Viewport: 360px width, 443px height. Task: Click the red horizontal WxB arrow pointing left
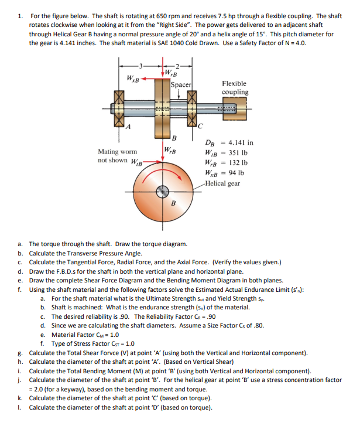[x=149, y=77]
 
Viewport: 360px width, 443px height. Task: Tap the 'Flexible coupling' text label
[x=234, y=88]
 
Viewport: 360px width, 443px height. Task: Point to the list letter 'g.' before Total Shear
[x=20, y=353]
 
